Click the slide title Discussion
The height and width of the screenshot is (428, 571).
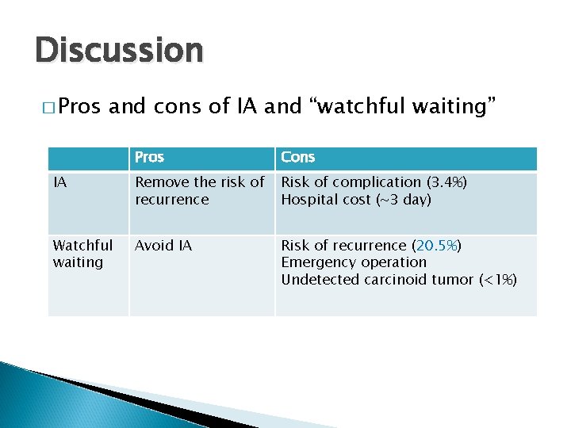pos(120,49)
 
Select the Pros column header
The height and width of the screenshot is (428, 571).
pos(149,158)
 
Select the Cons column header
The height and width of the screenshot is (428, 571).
pos(298,158)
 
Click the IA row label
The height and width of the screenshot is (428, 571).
pos(59,183)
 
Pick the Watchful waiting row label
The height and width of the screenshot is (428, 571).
pos(82,254)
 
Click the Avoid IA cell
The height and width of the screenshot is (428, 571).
pos(163,246)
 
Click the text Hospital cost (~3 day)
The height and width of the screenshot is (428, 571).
pos(356,200)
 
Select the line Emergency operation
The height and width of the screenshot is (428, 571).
pos(354,262)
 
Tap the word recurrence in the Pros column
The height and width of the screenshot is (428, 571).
pos(172,200)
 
